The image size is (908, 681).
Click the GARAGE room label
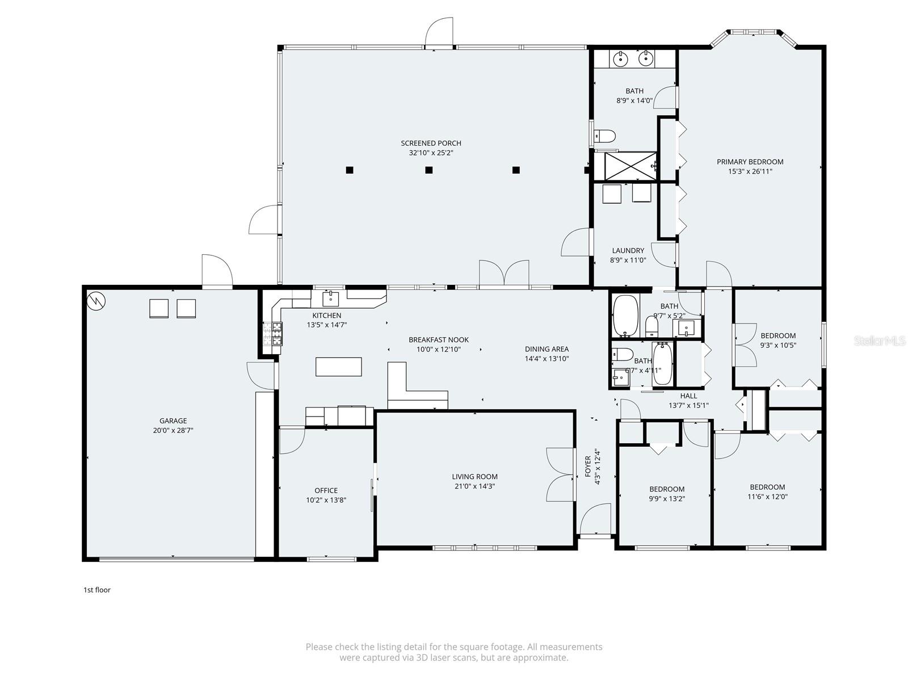click(173, 421)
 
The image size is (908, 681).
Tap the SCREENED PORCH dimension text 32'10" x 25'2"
click(431, 153)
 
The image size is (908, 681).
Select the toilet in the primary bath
click(606, 136)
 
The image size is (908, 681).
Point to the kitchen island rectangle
click(339, 367)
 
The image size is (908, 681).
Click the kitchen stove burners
click(272, 334)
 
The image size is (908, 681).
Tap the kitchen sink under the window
click(330, 297)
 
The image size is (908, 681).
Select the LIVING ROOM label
click(474, 477)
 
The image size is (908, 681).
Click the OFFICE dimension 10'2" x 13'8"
click(326, 500)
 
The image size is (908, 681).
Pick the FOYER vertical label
click(588, 466)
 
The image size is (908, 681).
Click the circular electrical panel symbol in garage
click(96, 301)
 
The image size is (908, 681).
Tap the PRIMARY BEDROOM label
click(750, 162)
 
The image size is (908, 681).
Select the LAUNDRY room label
click(628, 250)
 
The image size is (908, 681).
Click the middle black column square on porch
click(429, 170)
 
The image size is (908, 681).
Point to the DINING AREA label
click(547, 349)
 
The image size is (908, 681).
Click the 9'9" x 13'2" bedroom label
click(667, 499)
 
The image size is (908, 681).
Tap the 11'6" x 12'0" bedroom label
click(767, 497)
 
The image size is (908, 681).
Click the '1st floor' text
click(96, 590)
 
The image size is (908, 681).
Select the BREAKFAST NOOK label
click(439, 340)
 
